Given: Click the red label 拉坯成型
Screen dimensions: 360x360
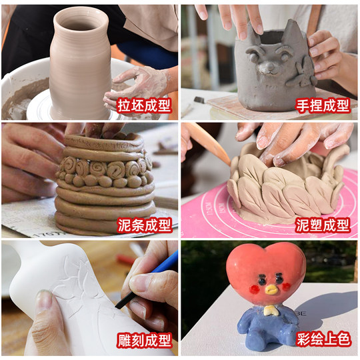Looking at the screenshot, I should click(145, 105).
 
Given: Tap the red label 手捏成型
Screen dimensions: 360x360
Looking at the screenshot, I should click(325, 105).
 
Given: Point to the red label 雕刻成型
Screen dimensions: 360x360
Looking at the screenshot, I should click(145, 341).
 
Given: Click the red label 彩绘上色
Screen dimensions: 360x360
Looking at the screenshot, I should click(325, 341).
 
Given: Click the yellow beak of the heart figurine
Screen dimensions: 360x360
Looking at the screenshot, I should click(270, 289).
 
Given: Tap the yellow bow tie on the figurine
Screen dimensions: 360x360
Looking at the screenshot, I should click(269, 310).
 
